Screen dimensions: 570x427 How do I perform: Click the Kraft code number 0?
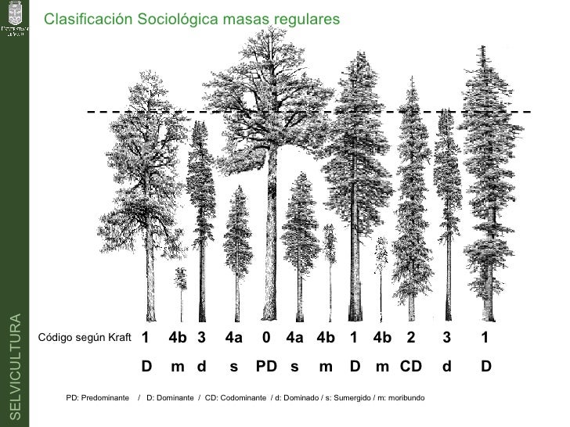(266, 338)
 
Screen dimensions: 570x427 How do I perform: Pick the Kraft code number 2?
(410, 338)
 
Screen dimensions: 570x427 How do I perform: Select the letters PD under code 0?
(266, 366)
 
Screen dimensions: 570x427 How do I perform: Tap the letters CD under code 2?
(411, 366)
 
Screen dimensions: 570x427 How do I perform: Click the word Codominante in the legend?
(241, 398)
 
